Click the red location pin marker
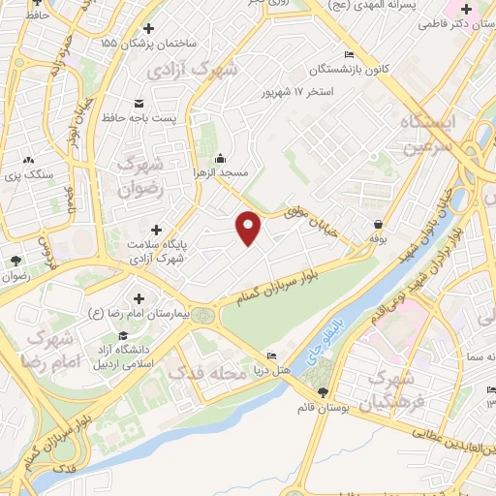tap(250, 228)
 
